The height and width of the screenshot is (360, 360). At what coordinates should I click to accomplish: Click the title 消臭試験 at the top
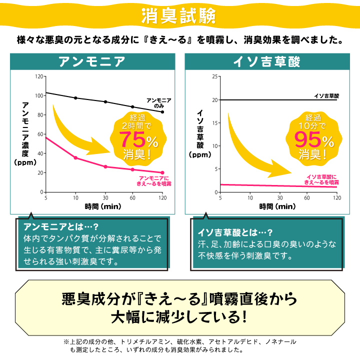pos(179,16)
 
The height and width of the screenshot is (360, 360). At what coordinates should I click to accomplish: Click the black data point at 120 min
pos(162,111)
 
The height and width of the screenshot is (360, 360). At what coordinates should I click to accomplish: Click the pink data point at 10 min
pos(75,158)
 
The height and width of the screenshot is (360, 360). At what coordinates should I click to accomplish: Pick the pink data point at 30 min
pos(105,166)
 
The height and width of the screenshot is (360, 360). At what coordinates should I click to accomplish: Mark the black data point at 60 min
pos(132,106)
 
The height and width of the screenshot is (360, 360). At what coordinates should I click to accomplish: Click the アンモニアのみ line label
pos(159,103)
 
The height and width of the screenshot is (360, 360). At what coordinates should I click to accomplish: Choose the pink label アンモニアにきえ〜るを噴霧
pos(154,181)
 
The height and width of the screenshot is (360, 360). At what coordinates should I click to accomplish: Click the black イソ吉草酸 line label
pos(327,95)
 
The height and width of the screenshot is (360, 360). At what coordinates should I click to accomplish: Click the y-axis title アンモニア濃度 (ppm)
pos(26,132)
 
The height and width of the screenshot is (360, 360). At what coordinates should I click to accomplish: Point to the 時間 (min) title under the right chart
pos(277,205)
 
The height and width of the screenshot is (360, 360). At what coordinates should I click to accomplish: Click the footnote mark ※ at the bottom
pos(66,341)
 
